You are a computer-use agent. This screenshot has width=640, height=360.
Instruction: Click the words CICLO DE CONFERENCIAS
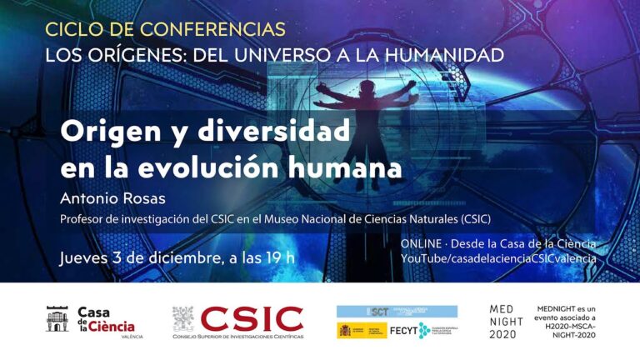(x=165, y=29)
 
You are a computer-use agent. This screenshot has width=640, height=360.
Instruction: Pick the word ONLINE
(x=421, y=243)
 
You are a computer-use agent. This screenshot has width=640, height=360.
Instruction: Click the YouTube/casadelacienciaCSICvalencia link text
(x=498, y=258)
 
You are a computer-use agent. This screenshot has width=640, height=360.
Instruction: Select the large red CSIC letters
(x=252, y=318)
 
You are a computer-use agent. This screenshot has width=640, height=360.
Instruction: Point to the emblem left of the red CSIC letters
(x=182, y=318)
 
